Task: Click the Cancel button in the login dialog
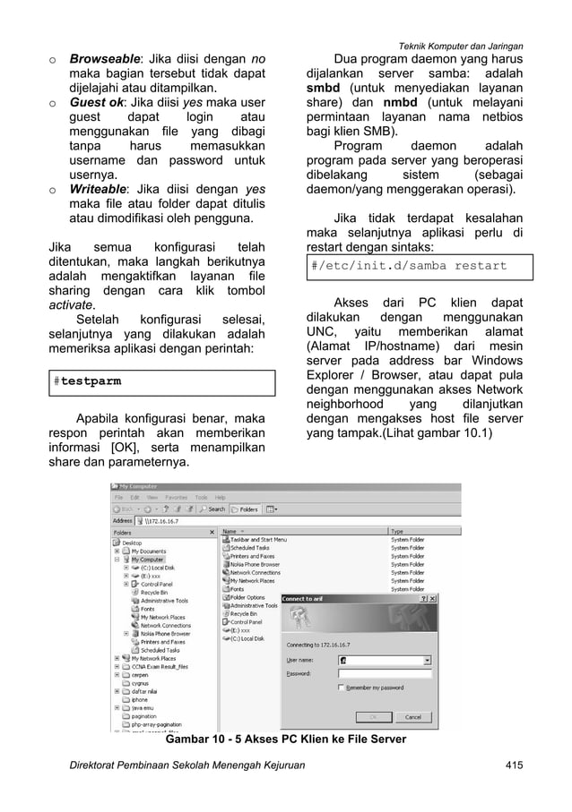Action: pyautogui.click(x=412, y=717)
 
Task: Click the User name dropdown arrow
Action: pyautogui.click(x=428, y=659)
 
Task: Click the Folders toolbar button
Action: pyautogui.click(x=246, y=509)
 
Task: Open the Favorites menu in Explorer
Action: pyautogui.click(x=175, y=497)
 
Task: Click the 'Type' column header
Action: pyautogui.click(x=397, y=531)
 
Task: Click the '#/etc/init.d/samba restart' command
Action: pyautogui.click(x=408, y=266)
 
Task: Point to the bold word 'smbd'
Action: pyautogui.click(x=325, y=90)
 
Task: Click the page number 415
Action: pyautogui.click(x=515, y=765)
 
